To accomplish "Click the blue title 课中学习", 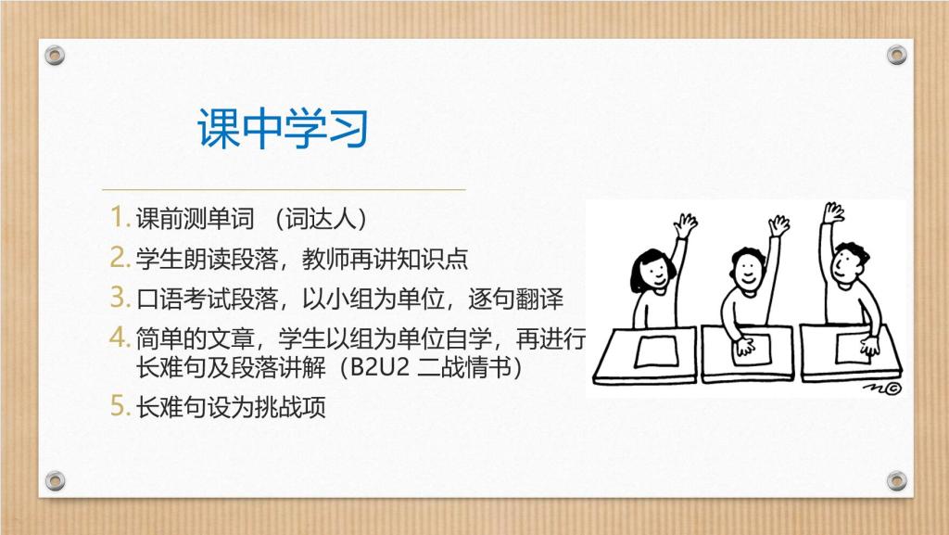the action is coord(283,128).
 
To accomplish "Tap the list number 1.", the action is coord(120,217).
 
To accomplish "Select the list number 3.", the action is coord(120,297).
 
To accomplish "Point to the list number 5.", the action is coord(120,405).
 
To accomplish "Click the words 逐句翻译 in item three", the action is coord(515,299).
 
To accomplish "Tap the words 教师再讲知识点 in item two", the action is coord(385,259).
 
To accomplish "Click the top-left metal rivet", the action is coord(55,56).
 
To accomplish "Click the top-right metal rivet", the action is coord(896,55).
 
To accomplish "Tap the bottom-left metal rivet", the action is coord(55,480).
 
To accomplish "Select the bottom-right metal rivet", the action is coord(896,480).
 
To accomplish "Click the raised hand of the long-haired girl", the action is coord(685,226).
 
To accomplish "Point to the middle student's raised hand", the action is coord(778,225).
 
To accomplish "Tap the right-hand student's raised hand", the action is coord(833,213).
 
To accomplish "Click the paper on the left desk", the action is coord(657,351).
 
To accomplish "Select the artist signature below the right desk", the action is coord(882,388).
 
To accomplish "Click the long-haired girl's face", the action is coord(653,273).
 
